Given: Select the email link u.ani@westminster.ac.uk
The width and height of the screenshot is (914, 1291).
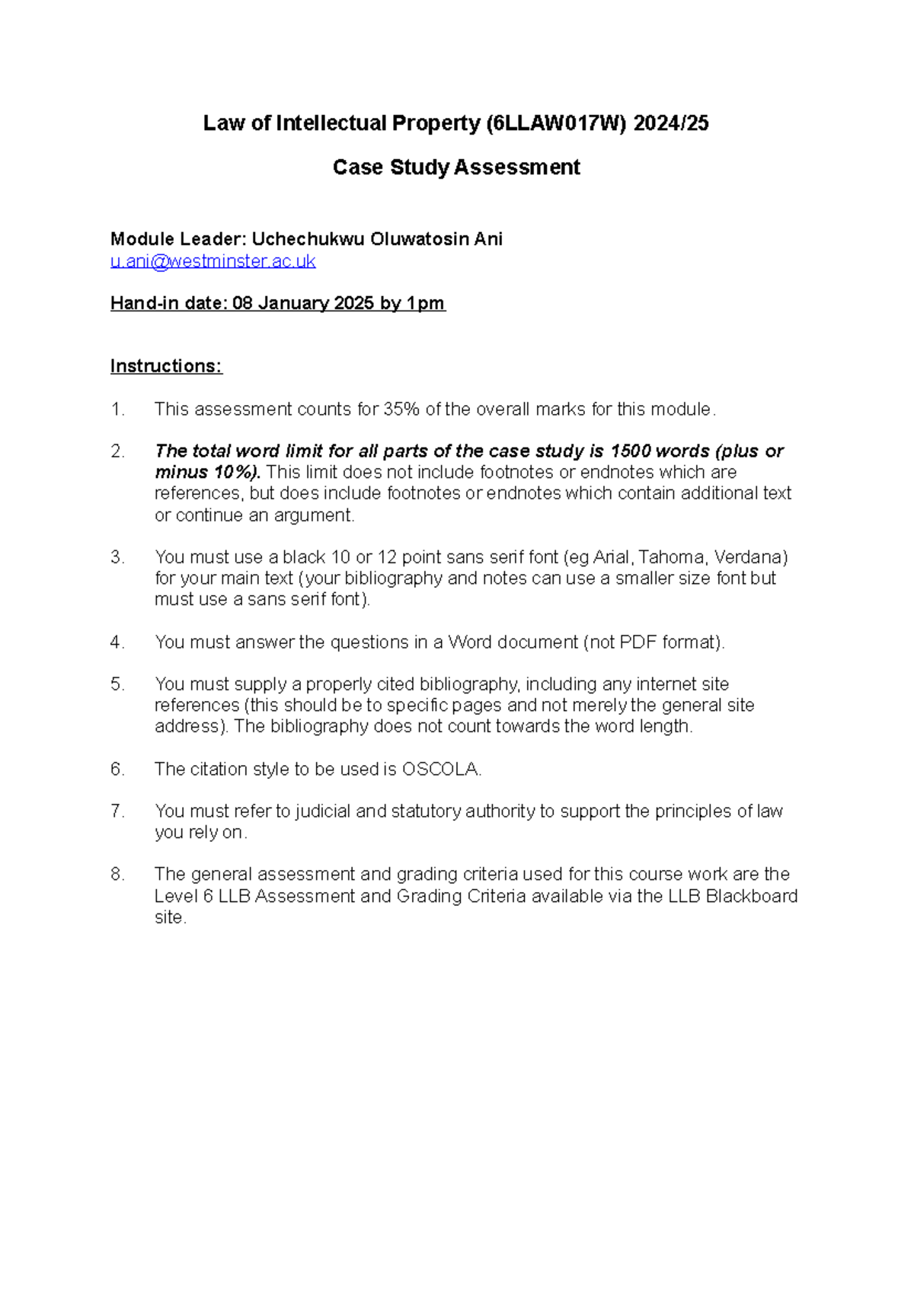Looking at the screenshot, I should (213, 261).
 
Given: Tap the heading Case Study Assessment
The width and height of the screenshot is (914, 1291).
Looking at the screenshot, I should (456, 167).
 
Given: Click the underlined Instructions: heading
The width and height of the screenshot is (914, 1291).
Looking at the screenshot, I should (166, 366).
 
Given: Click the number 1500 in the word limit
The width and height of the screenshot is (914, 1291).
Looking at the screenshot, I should (630, 451).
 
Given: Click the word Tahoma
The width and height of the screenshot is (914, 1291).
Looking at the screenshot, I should (671, 557).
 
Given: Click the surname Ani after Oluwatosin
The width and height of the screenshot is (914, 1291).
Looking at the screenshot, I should (488, 239).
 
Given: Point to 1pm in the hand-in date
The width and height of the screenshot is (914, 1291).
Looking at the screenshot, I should (425, 304).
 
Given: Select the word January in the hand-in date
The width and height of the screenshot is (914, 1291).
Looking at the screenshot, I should (293, 304).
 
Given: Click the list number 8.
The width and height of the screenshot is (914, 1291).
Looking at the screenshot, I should (117, 875).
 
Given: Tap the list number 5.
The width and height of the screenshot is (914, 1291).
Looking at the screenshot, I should (117, 684).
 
